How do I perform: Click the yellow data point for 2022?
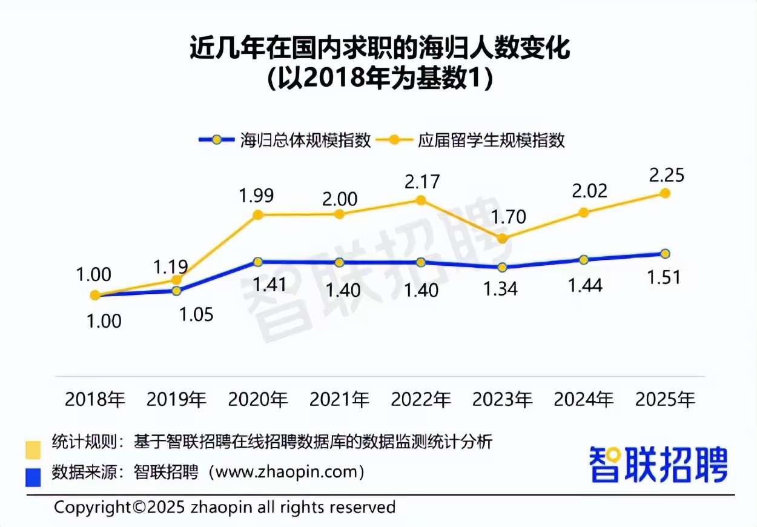pos(421,201)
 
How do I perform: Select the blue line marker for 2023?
pos(502,267)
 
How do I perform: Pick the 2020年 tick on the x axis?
pos(257,400)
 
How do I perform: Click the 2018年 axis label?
pos(94,400)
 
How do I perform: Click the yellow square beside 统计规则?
pos(33,449)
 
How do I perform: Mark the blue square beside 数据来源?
pos(33,477)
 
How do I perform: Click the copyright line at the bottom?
pos(225,506)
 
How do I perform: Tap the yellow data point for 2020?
pos(258,214)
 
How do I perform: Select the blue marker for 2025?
pos(665,253)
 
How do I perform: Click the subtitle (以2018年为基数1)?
pos(378,79)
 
